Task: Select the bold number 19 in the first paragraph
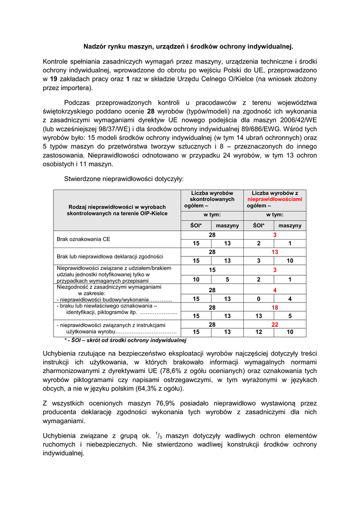(x=54, y=79)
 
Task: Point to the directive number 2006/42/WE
(x=295, y=121)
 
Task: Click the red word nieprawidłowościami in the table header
(x=275, y=199)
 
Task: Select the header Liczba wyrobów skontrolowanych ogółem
(x=212, y=199)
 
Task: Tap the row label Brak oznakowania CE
(x=83, y=239)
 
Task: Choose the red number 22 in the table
(x=275, y=324)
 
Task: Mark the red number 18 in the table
(x=275, y=308)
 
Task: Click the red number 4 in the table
(x=275, y=290)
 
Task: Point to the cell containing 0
(x=259, y=299)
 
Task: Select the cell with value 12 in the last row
(x=259, y=332)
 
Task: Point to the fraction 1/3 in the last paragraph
(x=159, y=435)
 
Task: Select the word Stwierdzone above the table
(x=83, y=178)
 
